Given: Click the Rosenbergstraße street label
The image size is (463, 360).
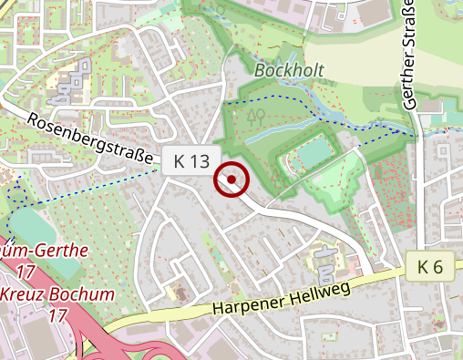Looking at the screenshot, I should click(89, 139).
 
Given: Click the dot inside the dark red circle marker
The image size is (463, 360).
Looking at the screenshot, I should click(231, 180).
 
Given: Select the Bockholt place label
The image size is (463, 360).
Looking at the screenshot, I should click(285, 69).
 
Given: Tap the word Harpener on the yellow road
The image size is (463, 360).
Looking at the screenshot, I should click(244, 303).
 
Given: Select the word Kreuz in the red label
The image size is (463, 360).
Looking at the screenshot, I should click(21, 295).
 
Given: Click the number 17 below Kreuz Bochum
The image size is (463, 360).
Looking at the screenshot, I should click(58, 316).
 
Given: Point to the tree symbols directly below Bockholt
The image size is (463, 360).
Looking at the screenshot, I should click(256, 116).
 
